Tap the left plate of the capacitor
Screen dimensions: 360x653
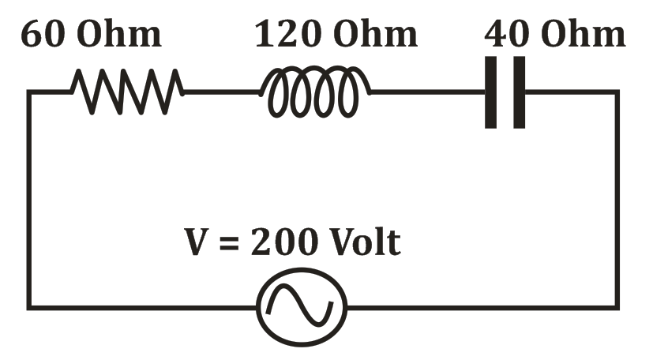click(x=491, y=92)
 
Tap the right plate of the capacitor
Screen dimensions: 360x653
click(x=519, y=92)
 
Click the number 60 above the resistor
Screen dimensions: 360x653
click(x=41, y=36)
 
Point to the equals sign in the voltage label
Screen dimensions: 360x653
click(x=229, y=243)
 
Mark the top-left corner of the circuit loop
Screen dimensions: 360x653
click(x=29, y=92)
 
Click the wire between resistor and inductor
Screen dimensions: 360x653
click(x=223, y=92)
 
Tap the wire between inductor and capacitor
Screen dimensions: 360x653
click(x=426, y=92)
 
